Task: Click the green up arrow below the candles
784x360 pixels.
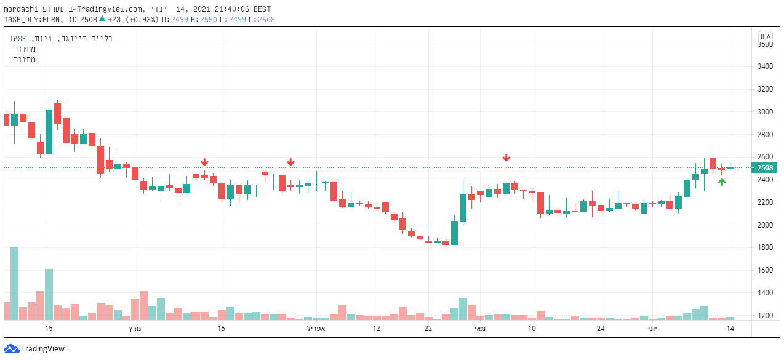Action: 722,182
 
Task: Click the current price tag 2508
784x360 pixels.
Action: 765,168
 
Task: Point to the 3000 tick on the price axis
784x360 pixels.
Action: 765,112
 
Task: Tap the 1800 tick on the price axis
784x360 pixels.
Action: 765,248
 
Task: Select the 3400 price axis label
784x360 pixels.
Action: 765,66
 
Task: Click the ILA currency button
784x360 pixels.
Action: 766,37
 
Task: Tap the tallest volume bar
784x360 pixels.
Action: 14,283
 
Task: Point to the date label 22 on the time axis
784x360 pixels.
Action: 428,329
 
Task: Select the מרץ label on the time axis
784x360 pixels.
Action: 135,329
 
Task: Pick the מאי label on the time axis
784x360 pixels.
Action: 480,329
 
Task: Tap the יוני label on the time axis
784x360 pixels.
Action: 652,329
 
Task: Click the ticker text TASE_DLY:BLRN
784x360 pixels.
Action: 33,19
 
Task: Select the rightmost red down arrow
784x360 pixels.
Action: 506,158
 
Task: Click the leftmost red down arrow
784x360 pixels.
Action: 204,162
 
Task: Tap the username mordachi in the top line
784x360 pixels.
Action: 23,9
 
